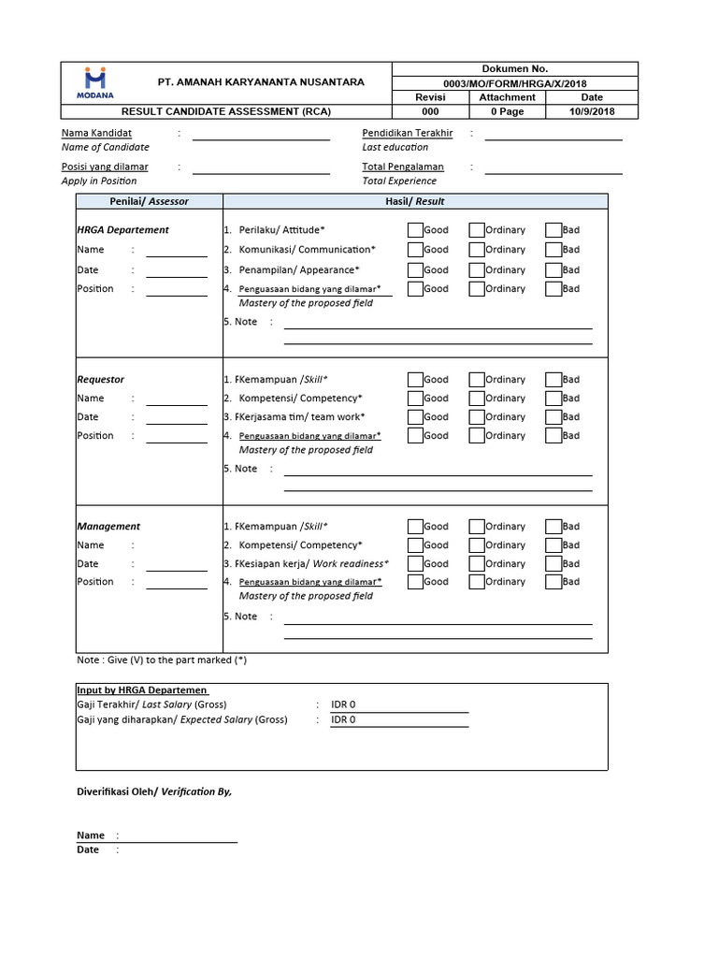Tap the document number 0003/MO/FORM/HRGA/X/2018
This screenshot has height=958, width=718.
tap(515, 83)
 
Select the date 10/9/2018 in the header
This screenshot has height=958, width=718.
tap(592, 111)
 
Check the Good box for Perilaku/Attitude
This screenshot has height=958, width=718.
tap(415, 230)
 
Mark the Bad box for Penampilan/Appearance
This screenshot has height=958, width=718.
tap(553, 270)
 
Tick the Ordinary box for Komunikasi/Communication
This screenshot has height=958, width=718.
tap(477, 250)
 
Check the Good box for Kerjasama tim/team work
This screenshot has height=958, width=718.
tap(415, 417)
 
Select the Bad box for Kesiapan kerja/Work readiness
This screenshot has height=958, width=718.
tap(553, 564)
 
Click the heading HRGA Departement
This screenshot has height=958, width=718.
tap(122, 230)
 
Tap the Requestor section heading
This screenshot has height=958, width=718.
tap(100, 380)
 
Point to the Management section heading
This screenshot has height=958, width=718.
tap(108, 527)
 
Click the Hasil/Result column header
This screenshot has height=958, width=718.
tap(415, 201)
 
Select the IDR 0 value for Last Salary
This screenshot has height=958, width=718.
tap(344, 704)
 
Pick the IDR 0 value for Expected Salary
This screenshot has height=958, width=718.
tap(344, 720)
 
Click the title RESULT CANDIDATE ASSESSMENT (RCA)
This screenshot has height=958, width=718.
tap(226, 111)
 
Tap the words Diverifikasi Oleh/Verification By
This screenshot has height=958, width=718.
tap(153, 791)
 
